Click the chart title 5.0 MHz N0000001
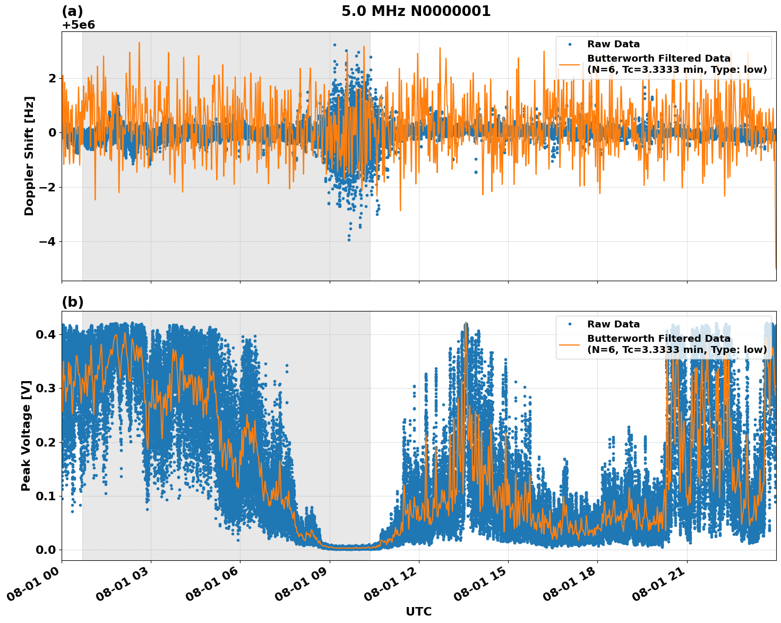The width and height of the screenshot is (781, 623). tap(416, 11)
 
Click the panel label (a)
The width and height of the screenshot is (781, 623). tap(73, 11)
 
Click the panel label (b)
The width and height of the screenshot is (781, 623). tap(73, 302)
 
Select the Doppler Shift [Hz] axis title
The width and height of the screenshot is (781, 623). tap(29, 156)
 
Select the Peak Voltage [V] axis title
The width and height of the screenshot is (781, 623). tap(26, 435)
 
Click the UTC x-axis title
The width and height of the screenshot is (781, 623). tap(418, 611)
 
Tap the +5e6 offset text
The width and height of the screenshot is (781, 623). tap(79, 25)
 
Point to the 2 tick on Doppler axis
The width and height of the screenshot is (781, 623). tap(52, 78)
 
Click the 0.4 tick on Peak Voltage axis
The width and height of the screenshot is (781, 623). tap(46, 334)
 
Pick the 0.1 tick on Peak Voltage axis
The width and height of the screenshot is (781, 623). tap(46, 496)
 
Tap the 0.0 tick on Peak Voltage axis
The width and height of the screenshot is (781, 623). tap(46, 550)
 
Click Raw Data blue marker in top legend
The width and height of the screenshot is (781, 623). tap(570, 44)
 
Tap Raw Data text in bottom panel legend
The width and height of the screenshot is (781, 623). tap(613, 324)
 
